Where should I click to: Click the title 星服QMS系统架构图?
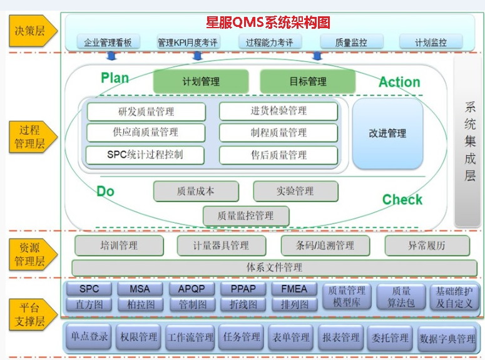pos(268,23)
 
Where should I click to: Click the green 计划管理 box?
pos(201,81)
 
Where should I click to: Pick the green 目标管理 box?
pos(307,81)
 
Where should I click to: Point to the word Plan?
pos(115,78)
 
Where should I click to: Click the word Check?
pos(402,200)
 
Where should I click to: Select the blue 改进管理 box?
pos(387,133)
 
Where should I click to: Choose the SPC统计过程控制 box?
pos(146,154)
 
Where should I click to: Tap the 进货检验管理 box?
pos(278,111)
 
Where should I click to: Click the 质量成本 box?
pos(195,191)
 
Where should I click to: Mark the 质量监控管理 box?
pos(245,215)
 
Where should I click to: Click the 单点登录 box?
pos(89,337)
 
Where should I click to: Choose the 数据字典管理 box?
pos(447,339)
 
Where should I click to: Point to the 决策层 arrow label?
pos(33,29)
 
